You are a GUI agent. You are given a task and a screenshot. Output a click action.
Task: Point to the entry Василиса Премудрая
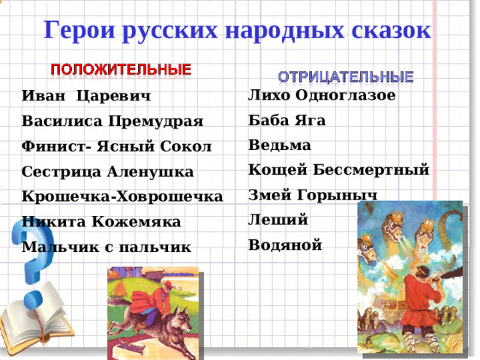pos(112,121)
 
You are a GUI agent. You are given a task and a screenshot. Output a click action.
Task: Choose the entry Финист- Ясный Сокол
pos(117,146)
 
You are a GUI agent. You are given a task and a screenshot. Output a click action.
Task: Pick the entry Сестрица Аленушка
pos(108,172)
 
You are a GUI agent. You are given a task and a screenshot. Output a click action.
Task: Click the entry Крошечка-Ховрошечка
pos(122,196)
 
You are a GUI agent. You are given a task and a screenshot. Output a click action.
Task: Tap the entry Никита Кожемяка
pos(101,222)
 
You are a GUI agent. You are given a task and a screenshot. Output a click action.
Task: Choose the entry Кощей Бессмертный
pos(338,170)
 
